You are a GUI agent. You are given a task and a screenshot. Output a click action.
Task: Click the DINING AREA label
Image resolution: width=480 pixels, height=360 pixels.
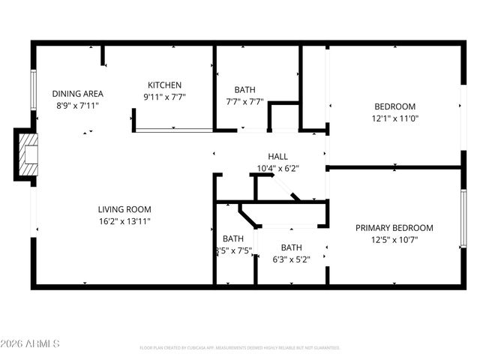(77, 94)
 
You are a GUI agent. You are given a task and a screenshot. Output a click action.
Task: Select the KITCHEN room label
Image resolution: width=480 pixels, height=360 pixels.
(164, 85)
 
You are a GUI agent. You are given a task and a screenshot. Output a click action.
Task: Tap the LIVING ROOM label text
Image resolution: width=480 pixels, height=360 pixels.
(124, 209)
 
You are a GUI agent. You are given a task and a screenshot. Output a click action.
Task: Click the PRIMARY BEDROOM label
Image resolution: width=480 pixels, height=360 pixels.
(394, 228)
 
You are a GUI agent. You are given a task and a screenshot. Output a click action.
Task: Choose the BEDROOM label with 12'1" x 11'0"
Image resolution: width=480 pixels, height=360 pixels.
(394, 106)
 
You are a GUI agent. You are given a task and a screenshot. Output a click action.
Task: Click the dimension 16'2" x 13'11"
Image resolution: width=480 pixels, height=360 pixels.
(124, 221)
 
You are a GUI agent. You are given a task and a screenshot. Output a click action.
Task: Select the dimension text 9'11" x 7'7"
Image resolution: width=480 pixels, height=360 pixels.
(164, 97)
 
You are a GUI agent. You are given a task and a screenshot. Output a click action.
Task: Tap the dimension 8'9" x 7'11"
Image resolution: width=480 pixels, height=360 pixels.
(77, 106)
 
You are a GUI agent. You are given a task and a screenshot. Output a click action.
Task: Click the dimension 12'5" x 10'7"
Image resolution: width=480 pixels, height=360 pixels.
(394, 240)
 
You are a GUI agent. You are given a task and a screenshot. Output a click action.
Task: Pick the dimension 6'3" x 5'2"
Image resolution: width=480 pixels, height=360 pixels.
(292, 259)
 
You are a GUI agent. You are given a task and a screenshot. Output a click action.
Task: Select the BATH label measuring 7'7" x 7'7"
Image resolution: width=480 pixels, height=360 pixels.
(244, 88)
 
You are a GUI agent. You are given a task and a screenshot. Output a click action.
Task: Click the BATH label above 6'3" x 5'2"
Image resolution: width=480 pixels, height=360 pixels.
(292, 247)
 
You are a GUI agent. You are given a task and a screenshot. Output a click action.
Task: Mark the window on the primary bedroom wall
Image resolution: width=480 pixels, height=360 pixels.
(463, 218)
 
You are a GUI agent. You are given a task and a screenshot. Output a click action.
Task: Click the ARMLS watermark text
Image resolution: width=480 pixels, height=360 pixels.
(31, 344)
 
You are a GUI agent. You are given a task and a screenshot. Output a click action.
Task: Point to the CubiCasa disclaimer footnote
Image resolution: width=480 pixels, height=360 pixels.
(240, 348)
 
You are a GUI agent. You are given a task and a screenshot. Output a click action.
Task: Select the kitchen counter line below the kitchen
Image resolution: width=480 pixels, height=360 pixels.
(174, 130)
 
